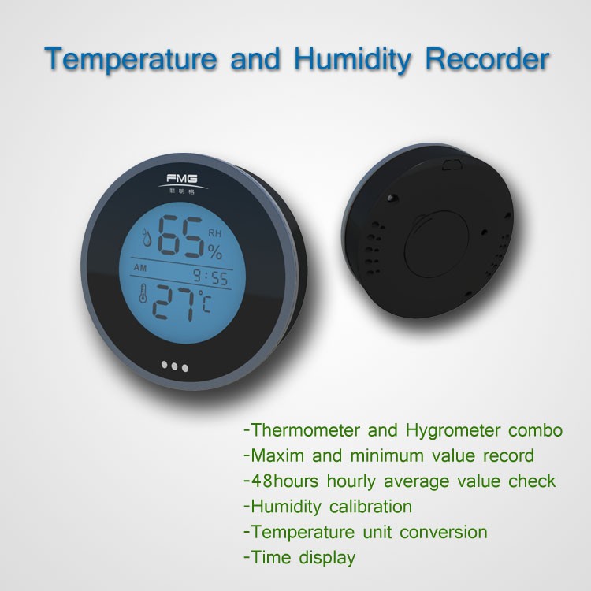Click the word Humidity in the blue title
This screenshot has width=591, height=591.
coord(353,60)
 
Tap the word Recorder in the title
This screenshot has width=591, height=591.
coord(487,58)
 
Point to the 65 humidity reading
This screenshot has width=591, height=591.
coord(180,236)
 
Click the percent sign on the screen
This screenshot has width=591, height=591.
coord(214,251)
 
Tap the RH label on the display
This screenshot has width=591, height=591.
coord(215,234)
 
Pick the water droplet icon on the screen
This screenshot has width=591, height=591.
coord(147,237)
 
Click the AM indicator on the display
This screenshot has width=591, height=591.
coord(139,268)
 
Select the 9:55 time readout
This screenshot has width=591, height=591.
coord(210,277)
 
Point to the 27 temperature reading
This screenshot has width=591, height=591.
coord(174,303)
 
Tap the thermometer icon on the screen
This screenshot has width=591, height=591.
coord(143,293)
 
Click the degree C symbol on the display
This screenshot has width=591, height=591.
coord(205,301)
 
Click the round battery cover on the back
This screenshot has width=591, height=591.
coord(437,244)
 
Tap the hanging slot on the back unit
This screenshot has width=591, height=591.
coord(452,165)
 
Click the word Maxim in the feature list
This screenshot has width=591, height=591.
coord(277,455)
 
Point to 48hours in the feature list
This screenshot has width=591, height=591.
coord(284,481)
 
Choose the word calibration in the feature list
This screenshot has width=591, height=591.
coord(370,507)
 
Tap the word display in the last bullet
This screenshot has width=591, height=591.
coord(327,558)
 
